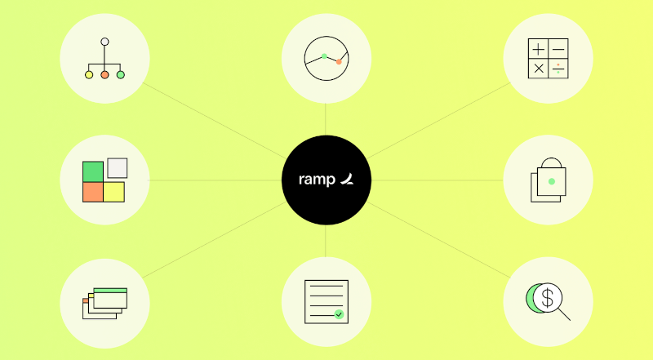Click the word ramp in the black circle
[x=317, y=180]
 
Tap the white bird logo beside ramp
[x=347, y=179]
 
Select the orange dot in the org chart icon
[x=104, y=74]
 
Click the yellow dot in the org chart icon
[x=89, y=74]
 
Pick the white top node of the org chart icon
[x=104, y=42]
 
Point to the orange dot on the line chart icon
[x=339, y=62]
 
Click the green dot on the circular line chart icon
[x=324, y=56]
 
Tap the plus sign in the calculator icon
[x=539, y=50]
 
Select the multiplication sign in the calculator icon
[x=539, y=69]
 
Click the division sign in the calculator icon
[x=558, y=69]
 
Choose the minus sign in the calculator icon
[x=558, y=50]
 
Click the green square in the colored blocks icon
[x=93, y=171]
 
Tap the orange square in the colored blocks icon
[x=93, y=192]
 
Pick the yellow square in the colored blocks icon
[x=113, y=192]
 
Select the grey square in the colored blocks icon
[x=118, y=168]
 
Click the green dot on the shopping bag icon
[x=552, y=181]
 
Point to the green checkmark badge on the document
[x=339, y=314]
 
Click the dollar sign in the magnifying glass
[x=548, y=297]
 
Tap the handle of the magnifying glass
[x=564, y=314]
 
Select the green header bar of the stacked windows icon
[x=110, y=290]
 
